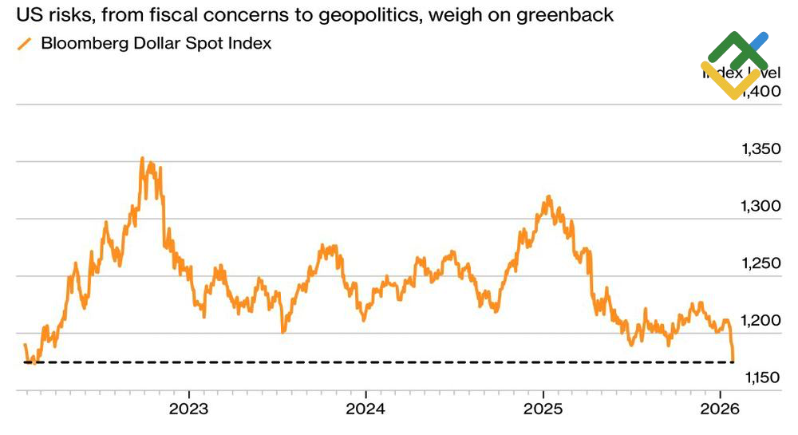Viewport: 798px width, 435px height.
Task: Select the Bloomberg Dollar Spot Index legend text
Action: click(x=156, y=44)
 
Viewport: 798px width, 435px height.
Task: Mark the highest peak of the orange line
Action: click(x=142, y=158)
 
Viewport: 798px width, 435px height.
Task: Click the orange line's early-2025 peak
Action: click(x=548, y=196)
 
